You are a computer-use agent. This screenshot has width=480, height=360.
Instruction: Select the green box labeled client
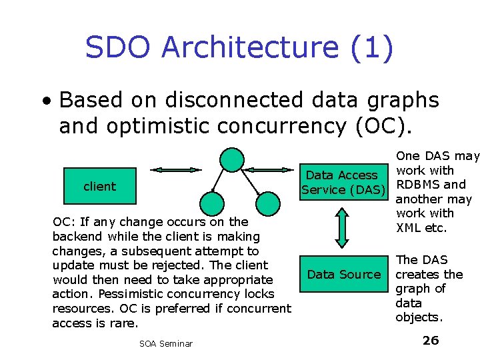[x=99, y=187]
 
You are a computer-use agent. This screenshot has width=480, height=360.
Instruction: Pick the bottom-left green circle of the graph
[x=212, y=203]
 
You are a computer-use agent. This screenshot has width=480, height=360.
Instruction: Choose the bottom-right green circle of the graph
[x=268, y=203]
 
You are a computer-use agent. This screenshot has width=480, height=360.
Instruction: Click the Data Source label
[x=343, y=274]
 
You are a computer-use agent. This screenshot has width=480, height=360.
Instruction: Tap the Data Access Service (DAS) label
[x=343, y=182]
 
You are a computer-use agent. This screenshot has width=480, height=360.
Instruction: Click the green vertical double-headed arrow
[x=341, y=229]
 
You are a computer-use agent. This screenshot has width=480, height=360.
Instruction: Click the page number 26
[x=431, y=341]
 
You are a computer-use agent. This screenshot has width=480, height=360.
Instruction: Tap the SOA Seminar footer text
[x=166, y=343]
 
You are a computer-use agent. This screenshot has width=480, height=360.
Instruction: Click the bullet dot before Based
[x=45, y=101]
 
